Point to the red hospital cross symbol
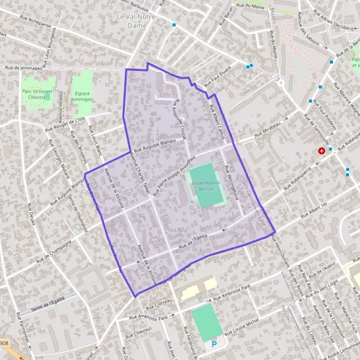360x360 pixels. (x=322, y=150)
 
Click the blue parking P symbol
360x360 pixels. (x=214, y=345)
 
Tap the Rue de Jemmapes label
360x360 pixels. (x=23, y=69)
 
